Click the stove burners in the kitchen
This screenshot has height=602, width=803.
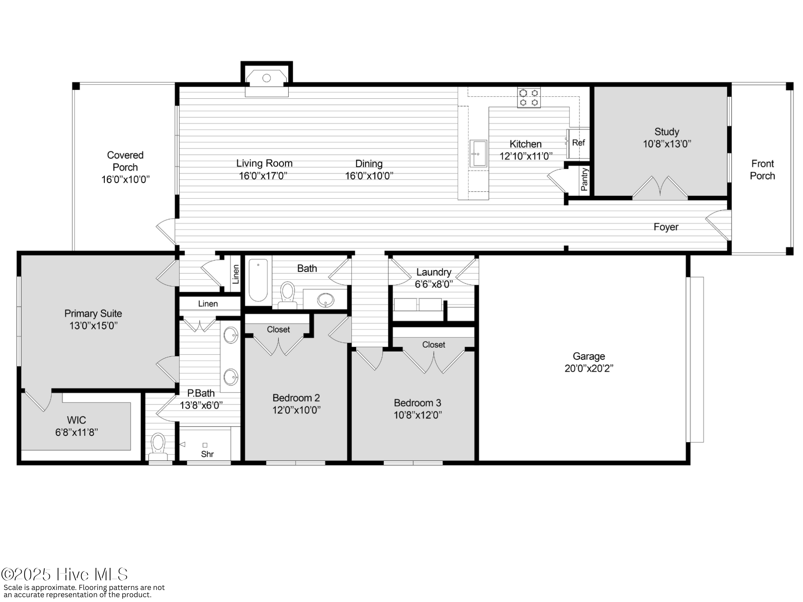[x=529, y=98]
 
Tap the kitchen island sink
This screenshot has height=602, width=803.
[x=478, y=153]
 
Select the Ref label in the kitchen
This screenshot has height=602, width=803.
[x=578, y=142]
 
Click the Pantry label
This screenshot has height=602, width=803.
[x=585, y=179]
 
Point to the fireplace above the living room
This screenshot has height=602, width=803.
[x=267, y=79]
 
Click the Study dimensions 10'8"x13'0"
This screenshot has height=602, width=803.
[x=667, y=144]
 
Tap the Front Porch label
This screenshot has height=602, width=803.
[x=762, y=170]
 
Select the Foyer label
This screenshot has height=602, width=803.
[x=666, y=227]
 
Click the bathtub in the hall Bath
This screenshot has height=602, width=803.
[x=258, y=280]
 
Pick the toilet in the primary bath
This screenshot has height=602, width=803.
[x=158, y=445]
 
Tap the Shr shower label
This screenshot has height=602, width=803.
[x=207, y=454]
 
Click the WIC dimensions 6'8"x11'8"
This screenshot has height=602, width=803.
[x=76, y=432]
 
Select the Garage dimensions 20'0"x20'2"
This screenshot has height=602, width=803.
[x=589, y=368]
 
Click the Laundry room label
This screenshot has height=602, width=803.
[x=434, y=272]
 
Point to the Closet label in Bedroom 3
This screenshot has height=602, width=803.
[x=434, y=345]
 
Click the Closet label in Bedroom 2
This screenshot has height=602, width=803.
[x=278, y=329]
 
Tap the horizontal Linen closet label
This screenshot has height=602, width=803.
[x=208, y=304]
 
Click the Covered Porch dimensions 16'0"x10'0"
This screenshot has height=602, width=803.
[x=125, y=179]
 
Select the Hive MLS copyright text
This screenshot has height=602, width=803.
[x=64, y=575]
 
